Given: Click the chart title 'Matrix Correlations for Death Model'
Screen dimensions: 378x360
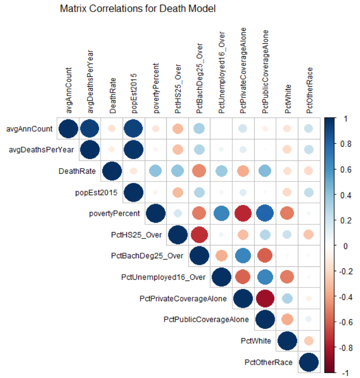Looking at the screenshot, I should coord(138,8).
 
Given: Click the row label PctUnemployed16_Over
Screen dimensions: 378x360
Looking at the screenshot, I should coord(164,277).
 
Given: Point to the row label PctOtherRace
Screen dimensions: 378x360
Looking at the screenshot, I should coord(268,362).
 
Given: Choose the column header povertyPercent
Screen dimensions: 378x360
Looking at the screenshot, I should coord(156,88).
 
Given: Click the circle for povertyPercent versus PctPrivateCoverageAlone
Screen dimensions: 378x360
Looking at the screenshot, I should coord(243,213).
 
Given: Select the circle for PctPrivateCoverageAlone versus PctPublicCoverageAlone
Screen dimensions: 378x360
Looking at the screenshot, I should coord(264,299).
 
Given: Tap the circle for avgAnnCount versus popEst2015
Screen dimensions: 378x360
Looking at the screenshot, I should coord(133,128).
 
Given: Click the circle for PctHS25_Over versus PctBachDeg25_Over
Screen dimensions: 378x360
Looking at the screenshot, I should coord(199,235).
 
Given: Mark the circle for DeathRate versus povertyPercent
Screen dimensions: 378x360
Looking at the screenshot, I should coord(155,171).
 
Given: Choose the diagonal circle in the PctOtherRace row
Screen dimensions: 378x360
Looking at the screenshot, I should coord(308,362).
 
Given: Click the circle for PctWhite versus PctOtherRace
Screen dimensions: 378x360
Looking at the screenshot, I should coord(308,341).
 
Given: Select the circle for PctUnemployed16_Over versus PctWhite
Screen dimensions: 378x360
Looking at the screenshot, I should coord(286,277).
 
